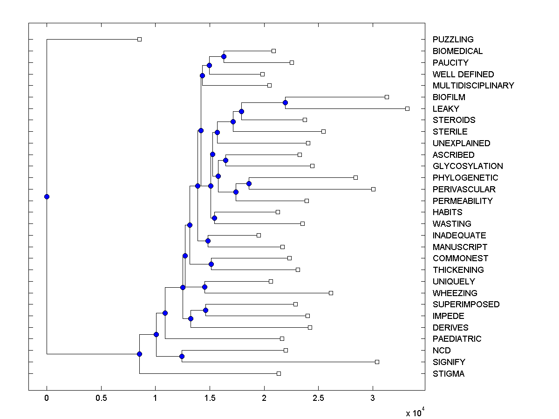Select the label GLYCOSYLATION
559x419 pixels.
tap(468, 166)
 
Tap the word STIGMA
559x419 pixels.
tap(448, 374)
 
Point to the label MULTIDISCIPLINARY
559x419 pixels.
tap(473, 86)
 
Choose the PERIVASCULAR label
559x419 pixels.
tap(464, 189)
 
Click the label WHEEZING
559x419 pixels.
tap(455, 293)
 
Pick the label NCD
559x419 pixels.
tap(442, 351)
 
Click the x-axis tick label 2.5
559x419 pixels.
tap(318, 398)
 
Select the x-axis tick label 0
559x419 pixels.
tap(47, 398)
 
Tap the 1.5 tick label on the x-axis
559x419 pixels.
tap(210, 398)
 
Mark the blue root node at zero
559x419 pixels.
tap(47, 196)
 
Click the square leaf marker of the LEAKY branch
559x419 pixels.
tap(407, 108)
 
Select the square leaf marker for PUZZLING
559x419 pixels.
tap(139, 39)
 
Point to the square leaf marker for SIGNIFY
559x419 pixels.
tap(377, 362)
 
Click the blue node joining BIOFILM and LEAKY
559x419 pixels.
tap(285, 102)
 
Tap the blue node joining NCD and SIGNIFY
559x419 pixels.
tap(182, 356)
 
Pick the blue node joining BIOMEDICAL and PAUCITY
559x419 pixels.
tap(224, 56)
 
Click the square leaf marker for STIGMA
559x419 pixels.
tap(279, 373)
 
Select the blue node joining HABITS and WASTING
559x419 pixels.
tap(214, 218)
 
